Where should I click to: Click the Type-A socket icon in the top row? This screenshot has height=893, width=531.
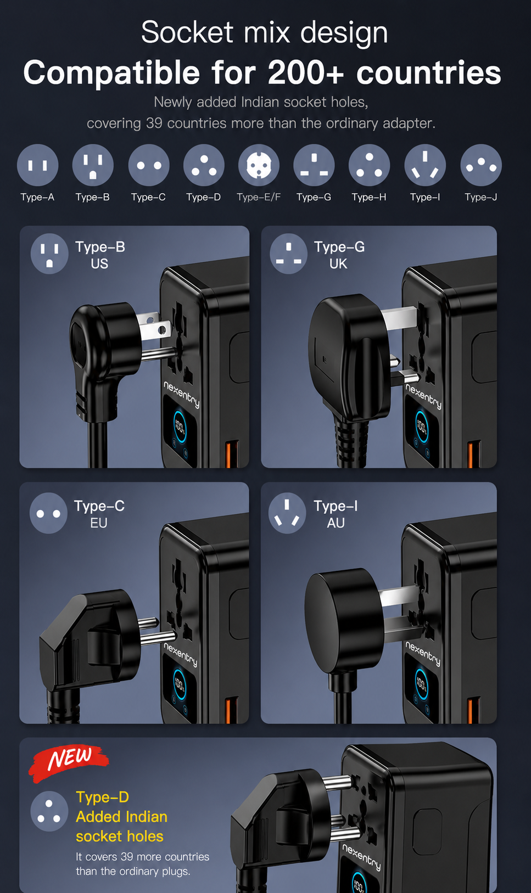point(37,165)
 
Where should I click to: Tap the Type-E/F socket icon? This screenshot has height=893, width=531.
point(259,165)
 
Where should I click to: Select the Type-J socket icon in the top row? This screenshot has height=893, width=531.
point(481,165)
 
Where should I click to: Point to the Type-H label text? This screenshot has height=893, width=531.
point(369,197)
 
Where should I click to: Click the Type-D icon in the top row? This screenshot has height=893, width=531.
point(204,165)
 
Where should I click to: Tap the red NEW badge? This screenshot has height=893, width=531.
point(69,762)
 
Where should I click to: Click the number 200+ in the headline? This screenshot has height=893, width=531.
point(306,72)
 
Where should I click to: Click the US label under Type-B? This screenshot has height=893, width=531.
point(99,263)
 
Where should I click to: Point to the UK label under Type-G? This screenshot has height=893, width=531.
point(338,263)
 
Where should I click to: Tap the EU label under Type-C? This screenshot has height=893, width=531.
point(99,523)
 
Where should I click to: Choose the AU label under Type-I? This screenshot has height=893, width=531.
point(336,523)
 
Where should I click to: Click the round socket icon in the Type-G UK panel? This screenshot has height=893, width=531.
point(289,254)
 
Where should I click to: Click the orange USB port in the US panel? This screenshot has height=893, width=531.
point(232,454)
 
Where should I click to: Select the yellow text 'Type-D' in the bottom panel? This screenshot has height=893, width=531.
point(103,797)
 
